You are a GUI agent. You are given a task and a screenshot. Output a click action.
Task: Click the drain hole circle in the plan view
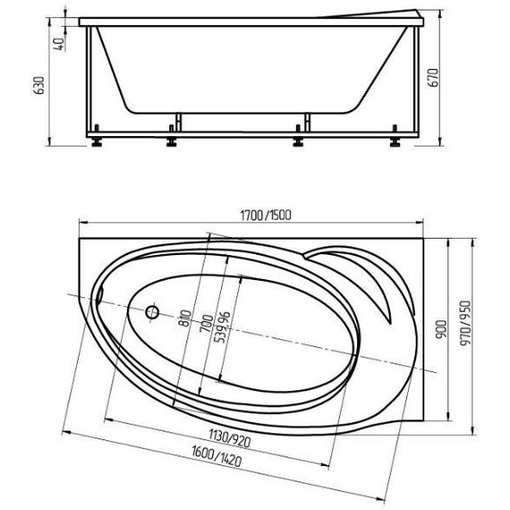(151, 313)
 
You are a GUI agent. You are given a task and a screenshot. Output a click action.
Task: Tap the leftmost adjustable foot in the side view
(95, 139)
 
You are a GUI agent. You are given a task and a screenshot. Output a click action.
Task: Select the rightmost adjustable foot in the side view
(393, 139)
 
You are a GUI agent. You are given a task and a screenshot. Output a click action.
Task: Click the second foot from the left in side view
(171, 139)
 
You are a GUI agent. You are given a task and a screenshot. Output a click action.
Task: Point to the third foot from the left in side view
(296, 139)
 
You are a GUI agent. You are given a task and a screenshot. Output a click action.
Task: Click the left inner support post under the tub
(179, 123)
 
